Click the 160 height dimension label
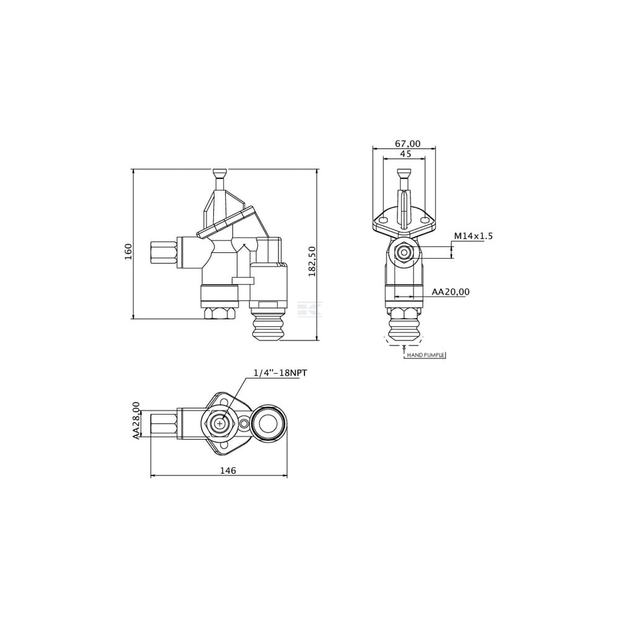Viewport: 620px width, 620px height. tap(128, 252)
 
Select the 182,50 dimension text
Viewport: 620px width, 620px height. tap(312, 261)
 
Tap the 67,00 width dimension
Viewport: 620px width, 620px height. tap(408, 144)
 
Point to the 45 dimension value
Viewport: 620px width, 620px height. tap(405, 154)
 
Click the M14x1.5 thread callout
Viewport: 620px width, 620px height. tap(473, 236)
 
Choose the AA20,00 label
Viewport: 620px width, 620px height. tap(450, 292)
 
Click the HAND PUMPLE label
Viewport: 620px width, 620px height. tap(426, 355)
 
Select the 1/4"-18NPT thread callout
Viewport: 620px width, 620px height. tap(280, 373)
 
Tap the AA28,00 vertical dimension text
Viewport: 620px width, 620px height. tap(136, 420)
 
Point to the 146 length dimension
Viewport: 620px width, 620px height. tap(228, 471)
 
